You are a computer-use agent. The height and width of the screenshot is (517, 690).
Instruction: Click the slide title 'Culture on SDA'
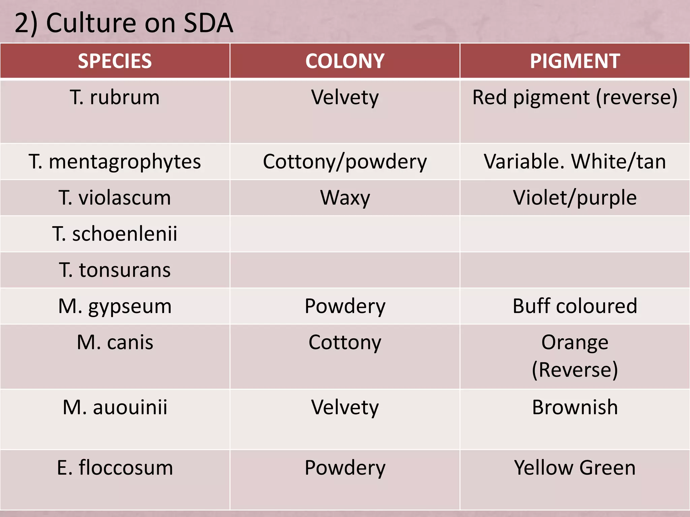pyautogui.click(x=124, y=23)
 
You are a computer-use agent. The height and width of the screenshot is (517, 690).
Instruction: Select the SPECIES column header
pyautogui.click(x=115, y=61)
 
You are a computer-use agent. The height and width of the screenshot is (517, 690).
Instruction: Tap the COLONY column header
pyautogui.click(x=345, y=61)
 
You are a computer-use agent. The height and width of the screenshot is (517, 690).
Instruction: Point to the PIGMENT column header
pyautogui.click(x=575, y=61)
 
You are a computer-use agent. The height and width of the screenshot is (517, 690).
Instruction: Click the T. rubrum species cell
pyautogui.click(x=115, y=98)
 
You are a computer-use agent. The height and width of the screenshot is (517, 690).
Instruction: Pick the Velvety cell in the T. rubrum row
pyautogui.click(x=345, y=98)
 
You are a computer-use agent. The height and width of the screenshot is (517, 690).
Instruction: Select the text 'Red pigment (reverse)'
pyautogui.click(x=575, y=98)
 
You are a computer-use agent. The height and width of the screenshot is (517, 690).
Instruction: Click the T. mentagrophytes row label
pyautogui.click(x=115, y=162)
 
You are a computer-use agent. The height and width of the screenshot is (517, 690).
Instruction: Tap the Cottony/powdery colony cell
pyautogui.click(x=345, y=162)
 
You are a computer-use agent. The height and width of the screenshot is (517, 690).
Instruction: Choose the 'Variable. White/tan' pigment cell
pyautogui.click(x=575, y=162)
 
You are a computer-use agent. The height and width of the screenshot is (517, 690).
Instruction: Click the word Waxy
pyautogui.click(x=345, y=198)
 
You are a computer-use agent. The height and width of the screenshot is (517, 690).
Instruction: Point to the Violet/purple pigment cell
pyautogui.click(x=575, y=198)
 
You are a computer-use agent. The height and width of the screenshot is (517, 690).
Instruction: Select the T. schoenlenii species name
pyautogui.click(x=115, y=234)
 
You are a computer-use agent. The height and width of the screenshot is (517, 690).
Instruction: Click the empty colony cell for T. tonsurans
pyautogui.click(x=345, y=270)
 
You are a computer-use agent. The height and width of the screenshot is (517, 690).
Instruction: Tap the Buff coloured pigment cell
pyautogui.click(x=575, y=306)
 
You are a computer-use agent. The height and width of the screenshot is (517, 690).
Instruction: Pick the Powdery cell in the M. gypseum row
pyautogui.click(x=345, y=306)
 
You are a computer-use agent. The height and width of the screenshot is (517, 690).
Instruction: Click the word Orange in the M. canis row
pyautogui.click(x=575, y=342)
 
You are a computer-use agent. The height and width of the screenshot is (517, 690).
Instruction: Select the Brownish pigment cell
pyautogui.click(x=575, y=407)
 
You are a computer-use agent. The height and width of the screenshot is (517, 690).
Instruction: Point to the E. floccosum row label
pyautogui.click(x=115, y=468)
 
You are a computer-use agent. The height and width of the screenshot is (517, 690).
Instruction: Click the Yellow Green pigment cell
pyautogui.click(x=575, y=468)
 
